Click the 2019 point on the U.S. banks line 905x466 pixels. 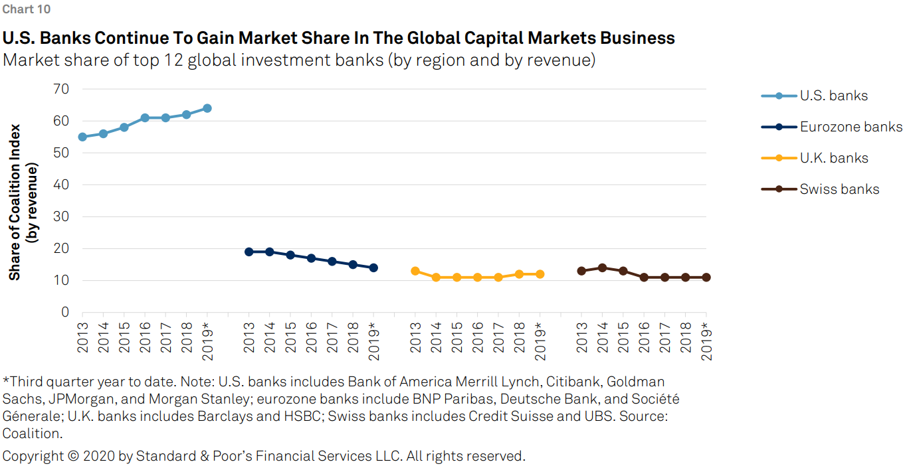(x=207, y=108)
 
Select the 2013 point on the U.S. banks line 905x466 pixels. (x=82, y=137)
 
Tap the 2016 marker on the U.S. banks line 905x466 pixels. (x=145, y=117)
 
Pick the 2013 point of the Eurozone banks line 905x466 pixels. (x=249, y=252)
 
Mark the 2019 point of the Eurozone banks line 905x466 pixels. (x=373, y=268)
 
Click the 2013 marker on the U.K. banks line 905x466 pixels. (x=415, y=271)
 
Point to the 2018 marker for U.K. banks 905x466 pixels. (x=519, y=274)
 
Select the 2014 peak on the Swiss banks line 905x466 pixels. (x=602, y=268)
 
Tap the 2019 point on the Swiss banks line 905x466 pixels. (x=706, y=277)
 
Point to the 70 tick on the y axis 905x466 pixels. (x=61, y=89)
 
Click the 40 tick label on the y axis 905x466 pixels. (x=61, y=185)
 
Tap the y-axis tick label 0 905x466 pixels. (x=65, y=312)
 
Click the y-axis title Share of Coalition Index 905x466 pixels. (x=15, y=202)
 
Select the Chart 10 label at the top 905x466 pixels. (x=26, y=9)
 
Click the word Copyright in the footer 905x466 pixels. (x=33, y=456)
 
